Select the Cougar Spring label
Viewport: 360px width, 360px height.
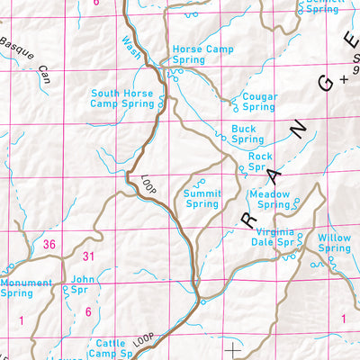tap(255, 100)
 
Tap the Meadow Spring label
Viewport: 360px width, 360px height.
tap(269, 199)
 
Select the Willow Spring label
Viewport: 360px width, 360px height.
tap(334, 243)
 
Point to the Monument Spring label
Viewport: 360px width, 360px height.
tap(28, 287)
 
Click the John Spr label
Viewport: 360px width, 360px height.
tap(83, 284)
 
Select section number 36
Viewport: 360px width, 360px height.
tap(49, 244)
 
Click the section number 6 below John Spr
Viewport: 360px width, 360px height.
tap(88, 311)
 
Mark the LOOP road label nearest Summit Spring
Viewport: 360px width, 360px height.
tap(148, 185)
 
